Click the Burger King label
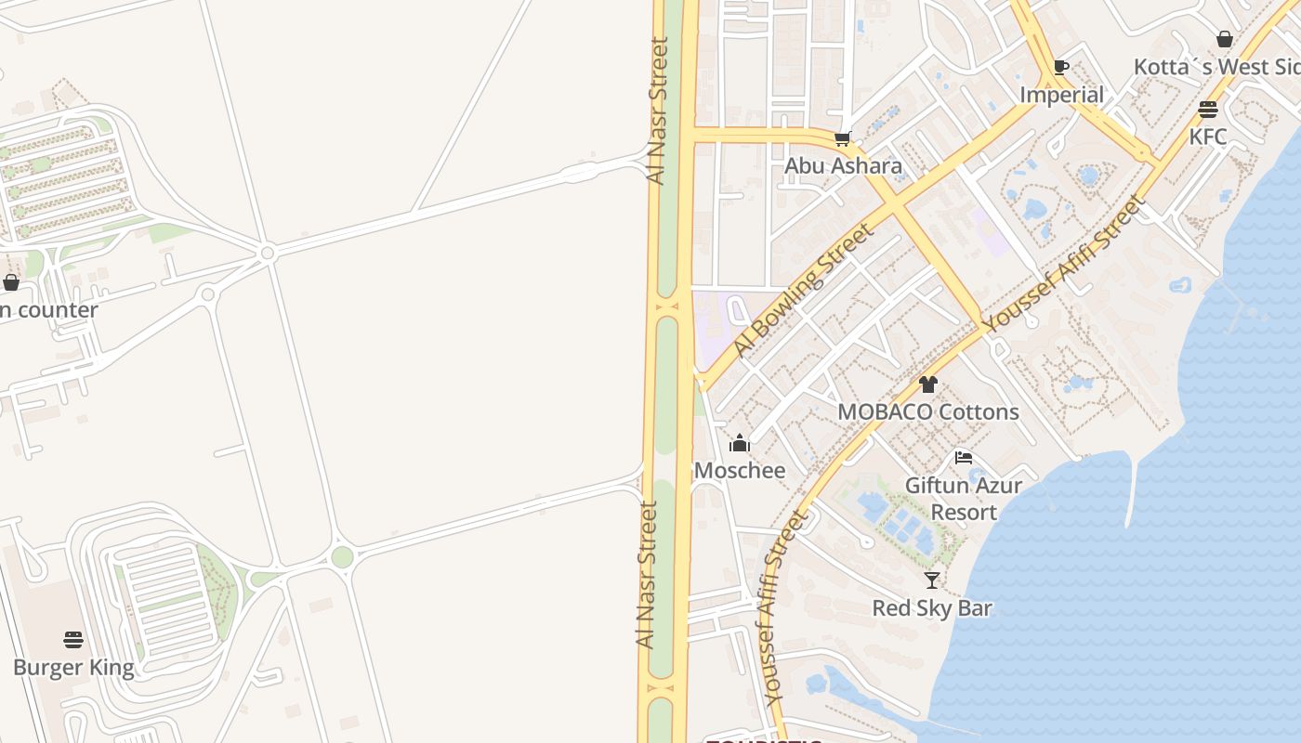(73, 668)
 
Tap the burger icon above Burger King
(73, 640)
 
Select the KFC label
(1208, 137)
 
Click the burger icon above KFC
(1208, 110)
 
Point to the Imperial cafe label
(1061, 95)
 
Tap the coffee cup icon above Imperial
(1060, 67)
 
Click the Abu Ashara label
(843, 166)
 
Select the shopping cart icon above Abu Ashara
(842, 139)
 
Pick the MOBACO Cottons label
(928, 411)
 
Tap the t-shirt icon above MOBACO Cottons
(927, 385)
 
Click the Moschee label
(740, 470)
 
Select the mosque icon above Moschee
(740, 443)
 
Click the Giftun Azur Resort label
(964, 499)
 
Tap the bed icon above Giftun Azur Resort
(964, 458)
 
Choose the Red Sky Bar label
(932, 608)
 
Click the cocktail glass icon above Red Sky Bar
(932, 580)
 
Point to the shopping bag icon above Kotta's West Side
(1225, 39)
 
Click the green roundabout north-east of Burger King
(342, 557)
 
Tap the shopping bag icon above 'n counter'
(11, 282)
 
